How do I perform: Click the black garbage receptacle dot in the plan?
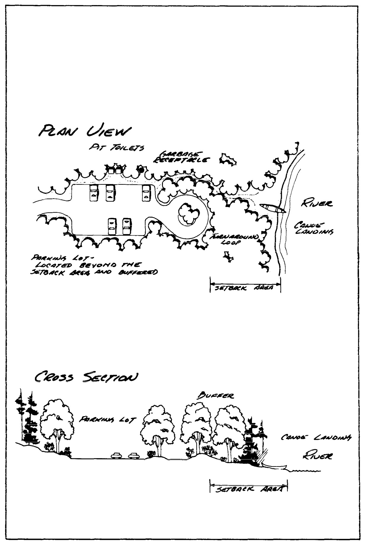tap(141, 170)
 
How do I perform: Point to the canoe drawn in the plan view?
tap(272, 208)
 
